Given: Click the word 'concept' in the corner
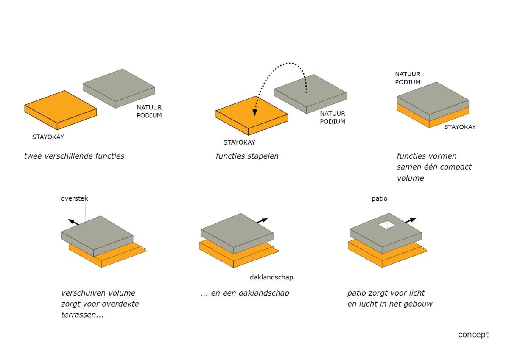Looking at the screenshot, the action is [473, 335].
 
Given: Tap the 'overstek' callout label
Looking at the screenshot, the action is [74, 198].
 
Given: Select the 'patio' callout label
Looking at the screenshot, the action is [380, 199].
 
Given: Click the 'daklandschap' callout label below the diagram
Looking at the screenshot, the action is [271, 277].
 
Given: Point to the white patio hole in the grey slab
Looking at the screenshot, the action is [387, 225].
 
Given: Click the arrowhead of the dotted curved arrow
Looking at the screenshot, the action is [255, 113].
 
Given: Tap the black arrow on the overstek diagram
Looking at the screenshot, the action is [74, 222].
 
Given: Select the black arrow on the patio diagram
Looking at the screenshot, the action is [411, 220].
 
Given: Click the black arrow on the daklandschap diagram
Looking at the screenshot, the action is [262, 220].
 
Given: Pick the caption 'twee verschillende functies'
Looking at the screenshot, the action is [74, 156].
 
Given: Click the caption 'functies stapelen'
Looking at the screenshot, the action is [247, 156].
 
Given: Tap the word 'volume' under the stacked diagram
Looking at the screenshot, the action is [411, 178].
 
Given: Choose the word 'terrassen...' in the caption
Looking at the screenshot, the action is [82, 315].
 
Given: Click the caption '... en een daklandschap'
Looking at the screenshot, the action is [245, 293].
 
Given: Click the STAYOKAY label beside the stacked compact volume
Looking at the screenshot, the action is [460, 127].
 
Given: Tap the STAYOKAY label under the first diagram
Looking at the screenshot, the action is [48, 137].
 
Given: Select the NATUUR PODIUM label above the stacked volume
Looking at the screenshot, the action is [408, 78].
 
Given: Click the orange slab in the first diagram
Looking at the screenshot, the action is [61, 110].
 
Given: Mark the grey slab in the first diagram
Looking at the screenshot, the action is [119, 88].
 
